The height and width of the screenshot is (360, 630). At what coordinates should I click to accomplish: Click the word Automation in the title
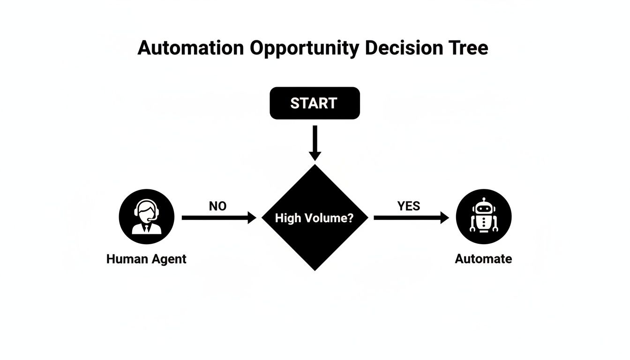click(x=190, y=48)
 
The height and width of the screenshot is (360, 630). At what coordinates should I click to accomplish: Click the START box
click(x=315, y=103)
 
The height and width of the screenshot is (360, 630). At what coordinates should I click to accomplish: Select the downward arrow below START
click(x=315, y=142)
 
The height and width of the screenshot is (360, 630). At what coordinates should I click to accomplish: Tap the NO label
click(x=217, y=206)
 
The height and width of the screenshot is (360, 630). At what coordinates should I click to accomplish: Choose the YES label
click(x=409, y=206)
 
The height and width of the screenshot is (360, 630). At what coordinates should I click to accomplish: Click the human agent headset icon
click(x=147, y=217)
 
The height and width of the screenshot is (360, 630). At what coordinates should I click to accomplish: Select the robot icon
click(x=483, y=217)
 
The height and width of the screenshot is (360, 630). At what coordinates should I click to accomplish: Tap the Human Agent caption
click(x=146, y=259)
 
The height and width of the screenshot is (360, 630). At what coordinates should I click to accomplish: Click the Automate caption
click(x=483, y=259)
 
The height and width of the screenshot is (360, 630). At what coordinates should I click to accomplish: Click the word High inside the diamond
click(x=288, y=218)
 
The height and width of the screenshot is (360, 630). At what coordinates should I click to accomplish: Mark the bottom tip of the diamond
click(x=315, y=269)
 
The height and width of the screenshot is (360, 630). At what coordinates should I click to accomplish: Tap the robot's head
click(x=483, y=207)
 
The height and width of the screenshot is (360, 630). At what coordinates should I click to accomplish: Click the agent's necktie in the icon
click(x=147, y=228)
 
